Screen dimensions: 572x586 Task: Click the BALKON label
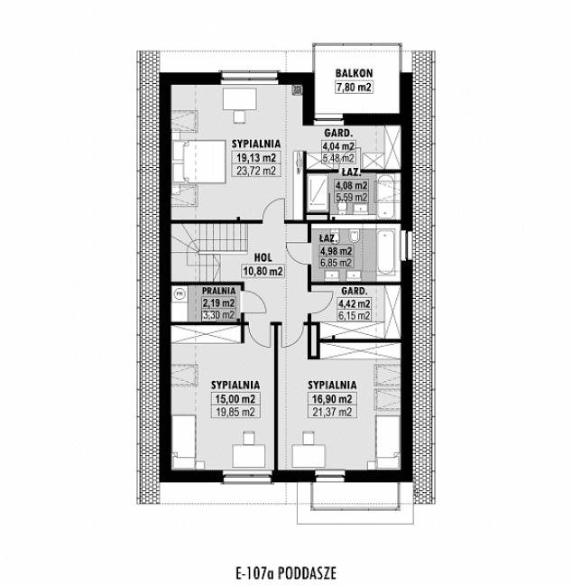pos(354,73)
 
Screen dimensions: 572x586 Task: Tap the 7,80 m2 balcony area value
pos(354,88)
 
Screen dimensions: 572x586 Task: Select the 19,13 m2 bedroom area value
pos(255,158)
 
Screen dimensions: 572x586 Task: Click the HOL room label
pos(263,257)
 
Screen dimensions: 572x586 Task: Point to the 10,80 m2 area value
pos(263,271)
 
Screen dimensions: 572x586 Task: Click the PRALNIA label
pos(219,291)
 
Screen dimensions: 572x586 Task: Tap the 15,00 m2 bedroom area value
pos(235,399)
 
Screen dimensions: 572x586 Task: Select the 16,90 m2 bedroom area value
pos(332,399)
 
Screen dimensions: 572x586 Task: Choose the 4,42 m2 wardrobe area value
pos(354,303)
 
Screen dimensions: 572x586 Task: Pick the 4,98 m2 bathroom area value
pos(336,251)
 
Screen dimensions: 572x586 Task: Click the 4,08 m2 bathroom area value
pos(351,185)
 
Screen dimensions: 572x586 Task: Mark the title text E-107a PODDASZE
pos(286,572)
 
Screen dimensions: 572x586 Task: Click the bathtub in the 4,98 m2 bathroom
pos(385,252)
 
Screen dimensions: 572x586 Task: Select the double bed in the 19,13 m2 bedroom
pos(198,162)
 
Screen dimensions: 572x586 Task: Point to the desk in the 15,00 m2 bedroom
pos(248,456)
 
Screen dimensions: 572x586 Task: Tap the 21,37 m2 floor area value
pos(332,413)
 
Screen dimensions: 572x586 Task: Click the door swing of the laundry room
pos(254,302)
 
